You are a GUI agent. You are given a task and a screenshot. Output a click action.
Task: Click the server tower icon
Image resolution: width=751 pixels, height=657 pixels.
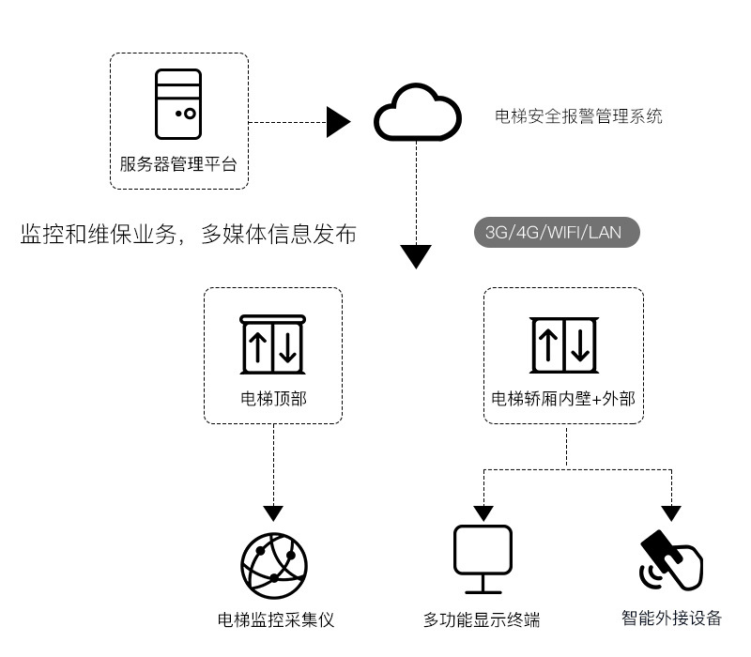[178, 105]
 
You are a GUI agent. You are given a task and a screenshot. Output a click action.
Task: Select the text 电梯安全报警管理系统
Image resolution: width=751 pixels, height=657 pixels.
[578, 116]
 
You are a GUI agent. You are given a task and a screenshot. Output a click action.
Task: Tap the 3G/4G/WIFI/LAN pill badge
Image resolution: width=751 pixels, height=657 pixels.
[557, 233]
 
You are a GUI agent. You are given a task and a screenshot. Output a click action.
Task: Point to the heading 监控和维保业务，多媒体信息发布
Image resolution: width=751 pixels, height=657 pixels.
[188, 235]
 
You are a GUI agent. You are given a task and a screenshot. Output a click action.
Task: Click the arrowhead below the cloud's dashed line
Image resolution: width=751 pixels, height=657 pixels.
[416, 255]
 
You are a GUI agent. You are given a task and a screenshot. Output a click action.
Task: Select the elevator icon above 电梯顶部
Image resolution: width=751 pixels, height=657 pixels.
[273, 344]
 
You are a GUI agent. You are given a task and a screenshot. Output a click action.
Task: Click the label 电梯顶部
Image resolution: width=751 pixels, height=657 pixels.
[273, 399]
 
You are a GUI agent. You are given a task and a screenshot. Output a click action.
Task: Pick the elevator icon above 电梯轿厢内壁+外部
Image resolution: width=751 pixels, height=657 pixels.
[563, 344]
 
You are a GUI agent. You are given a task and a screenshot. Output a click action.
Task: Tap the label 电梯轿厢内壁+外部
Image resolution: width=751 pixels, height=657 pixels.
[563, 399]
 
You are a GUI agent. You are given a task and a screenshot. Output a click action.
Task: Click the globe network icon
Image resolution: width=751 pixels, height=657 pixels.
[273, 563]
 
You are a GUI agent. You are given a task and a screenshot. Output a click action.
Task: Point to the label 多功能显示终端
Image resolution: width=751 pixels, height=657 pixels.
[482, 619]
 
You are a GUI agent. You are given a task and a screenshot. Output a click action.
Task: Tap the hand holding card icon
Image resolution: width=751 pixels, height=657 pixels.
[671, 560]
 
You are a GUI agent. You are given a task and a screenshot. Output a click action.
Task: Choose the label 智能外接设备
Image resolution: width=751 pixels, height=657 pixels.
[671, 618]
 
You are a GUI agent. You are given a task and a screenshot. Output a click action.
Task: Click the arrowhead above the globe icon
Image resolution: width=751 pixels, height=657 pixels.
[273, 513]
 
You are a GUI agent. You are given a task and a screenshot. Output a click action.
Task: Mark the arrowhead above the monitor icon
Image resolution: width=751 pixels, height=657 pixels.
[483, 513]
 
